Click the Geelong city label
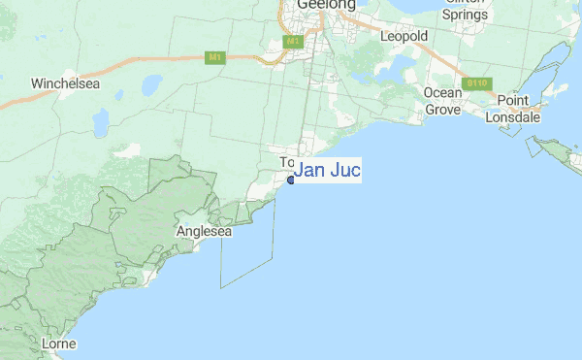(x=326, y=5)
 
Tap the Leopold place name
(x=404, y=36)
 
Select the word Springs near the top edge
(x=465, y=15)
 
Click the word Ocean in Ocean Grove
(x=442, y=92)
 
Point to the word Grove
(x=442, y=109)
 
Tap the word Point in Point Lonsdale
(x=512, y=101)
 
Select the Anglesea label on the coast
(x=204, y=232)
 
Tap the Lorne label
(x=59, y=344)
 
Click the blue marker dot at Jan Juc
(x=290, y=180)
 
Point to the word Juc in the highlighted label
(x=344, y=172)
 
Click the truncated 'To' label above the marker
(x=286, y=162)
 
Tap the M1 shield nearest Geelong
(x=293, y=43)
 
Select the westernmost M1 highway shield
(x=215, y=58)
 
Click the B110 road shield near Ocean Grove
(x=475, y=84)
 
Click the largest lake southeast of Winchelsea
(x=101, y=120)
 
